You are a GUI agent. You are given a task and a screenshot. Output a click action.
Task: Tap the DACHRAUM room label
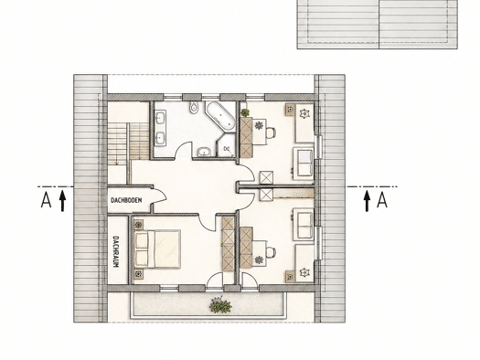pyautogui.click(x=116, y=251)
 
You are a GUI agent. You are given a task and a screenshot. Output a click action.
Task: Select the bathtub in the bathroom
pyautogui.click(x=220, y=117)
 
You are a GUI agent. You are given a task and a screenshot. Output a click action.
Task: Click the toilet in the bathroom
pyautogui.click(x=194, y=107)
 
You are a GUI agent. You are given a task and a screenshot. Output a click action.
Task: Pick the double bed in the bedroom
pyautogui.click(x=157, y=249)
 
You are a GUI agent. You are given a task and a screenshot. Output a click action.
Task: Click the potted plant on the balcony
pyautogui.click(x=220, y=305)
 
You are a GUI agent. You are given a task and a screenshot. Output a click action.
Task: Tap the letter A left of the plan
pyautogui.click(x=46, y=200)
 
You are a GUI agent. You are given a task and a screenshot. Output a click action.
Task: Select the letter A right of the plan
pyautogui.click(x=382, y=200)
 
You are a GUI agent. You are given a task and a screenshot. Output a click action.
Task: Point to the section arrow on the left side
pyautogui.click(x=62, y=201)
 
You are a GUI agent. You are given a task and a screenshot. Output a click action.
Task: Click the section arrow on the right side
pyautogui.click(x=367, y=201)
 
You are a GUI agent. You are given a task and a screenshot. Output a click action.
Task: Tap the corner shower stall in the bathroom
pyautogui.click(x=227, y=145)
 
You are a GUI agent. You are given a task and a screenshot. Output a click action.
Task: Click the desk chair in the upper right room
pyautogui.click(x=271, y=132)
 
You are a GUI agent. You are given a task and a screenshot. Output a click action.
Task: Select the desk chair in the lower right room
pyautogui.click(x=271, y=252)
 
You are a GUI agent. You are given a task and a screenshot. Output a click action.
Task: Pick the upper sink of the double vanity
pyautogui.click(x=160, y=118)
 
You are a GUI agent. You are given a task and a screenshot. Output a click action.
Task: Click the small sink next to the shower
pyautogui.click(x=204, y=152)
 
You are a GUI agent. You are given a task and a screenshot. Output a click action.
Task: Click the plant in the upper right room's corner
pyautogui.click(x=245, y=112)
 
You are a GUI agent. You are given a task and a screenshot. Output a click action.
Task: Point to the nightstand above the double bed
pyautogui.click(x=139, y=225)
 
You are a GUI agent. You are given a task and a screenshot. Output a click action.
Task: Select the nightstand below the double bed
pyautogui.click(x=139, y=274)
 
